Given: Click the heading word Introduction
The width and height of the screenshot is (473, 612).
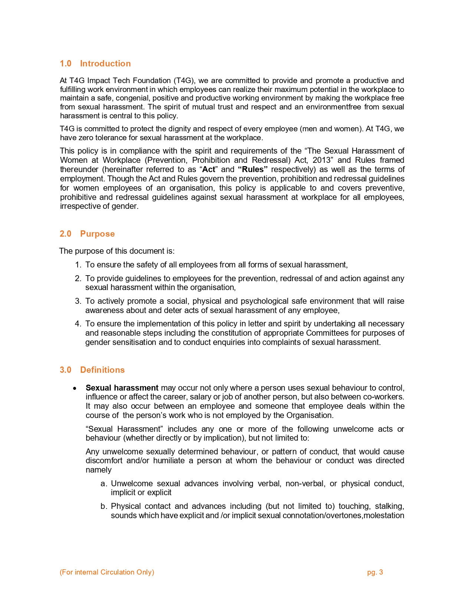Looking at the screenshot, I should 105,63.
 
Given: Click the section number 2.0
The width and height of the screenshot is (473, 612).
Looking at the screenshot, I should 65,234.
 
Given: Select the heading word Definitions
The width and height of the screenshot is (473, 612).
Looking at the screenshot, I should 102,370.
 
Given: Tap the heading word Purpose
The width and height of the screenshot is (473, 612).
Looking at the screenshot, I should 97,234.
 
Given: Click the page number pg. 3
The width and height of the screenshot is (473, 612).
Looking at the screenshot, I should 375,572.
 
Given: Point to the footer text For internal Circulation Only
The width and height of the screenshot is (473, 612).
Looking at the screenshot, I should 107,572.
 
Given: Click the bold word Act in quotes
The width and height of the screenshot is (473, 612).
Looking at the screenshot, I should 208,170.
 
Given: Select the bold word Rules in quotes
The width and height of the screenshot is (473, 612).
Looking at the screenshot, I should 253,170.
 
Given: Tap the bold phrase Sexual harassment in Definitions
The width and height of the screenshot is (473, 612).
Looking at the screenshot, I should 122,388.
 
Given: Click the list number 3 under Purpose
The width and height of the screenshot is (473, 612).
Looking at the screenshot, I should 78,301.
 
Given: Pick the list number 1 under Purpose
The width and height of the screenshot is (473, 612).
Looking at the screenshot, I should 78,265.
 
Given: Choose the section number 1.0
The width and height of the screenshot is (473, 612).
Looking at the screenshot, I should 65,63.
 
